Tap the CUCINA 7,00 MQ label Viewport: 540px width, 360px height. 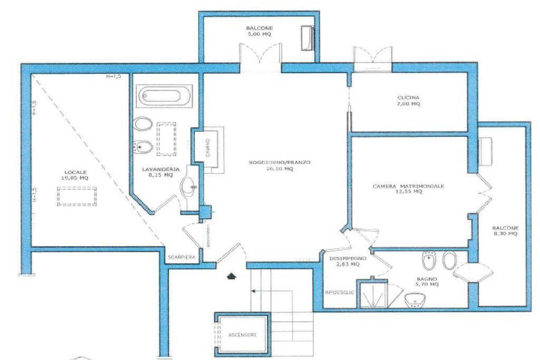click(x=409, y=101)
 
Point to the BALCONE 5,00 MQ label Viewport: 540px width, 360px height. click(x=259, y=31)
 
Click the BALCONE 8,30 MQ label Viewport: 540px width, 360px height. click(x=505, y=231)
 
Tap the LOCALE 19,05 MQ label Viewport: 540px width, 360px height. click(x=76, y=175)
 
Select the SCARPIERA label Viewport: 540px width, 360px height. click(x=181, y=257)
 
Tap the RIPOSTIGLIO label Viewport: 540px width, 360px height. click(x=340, y=292)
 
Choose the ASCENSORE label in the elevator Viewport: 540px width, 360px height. click(x=243, y=335)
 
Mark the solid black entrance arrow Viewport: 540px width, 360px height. click(x=230, y=275)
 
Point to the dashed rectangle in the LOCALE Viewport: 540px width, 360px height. click(x=77, y=198)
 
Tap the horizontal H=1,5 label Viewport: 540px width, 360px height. click(x=113, y=76)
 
